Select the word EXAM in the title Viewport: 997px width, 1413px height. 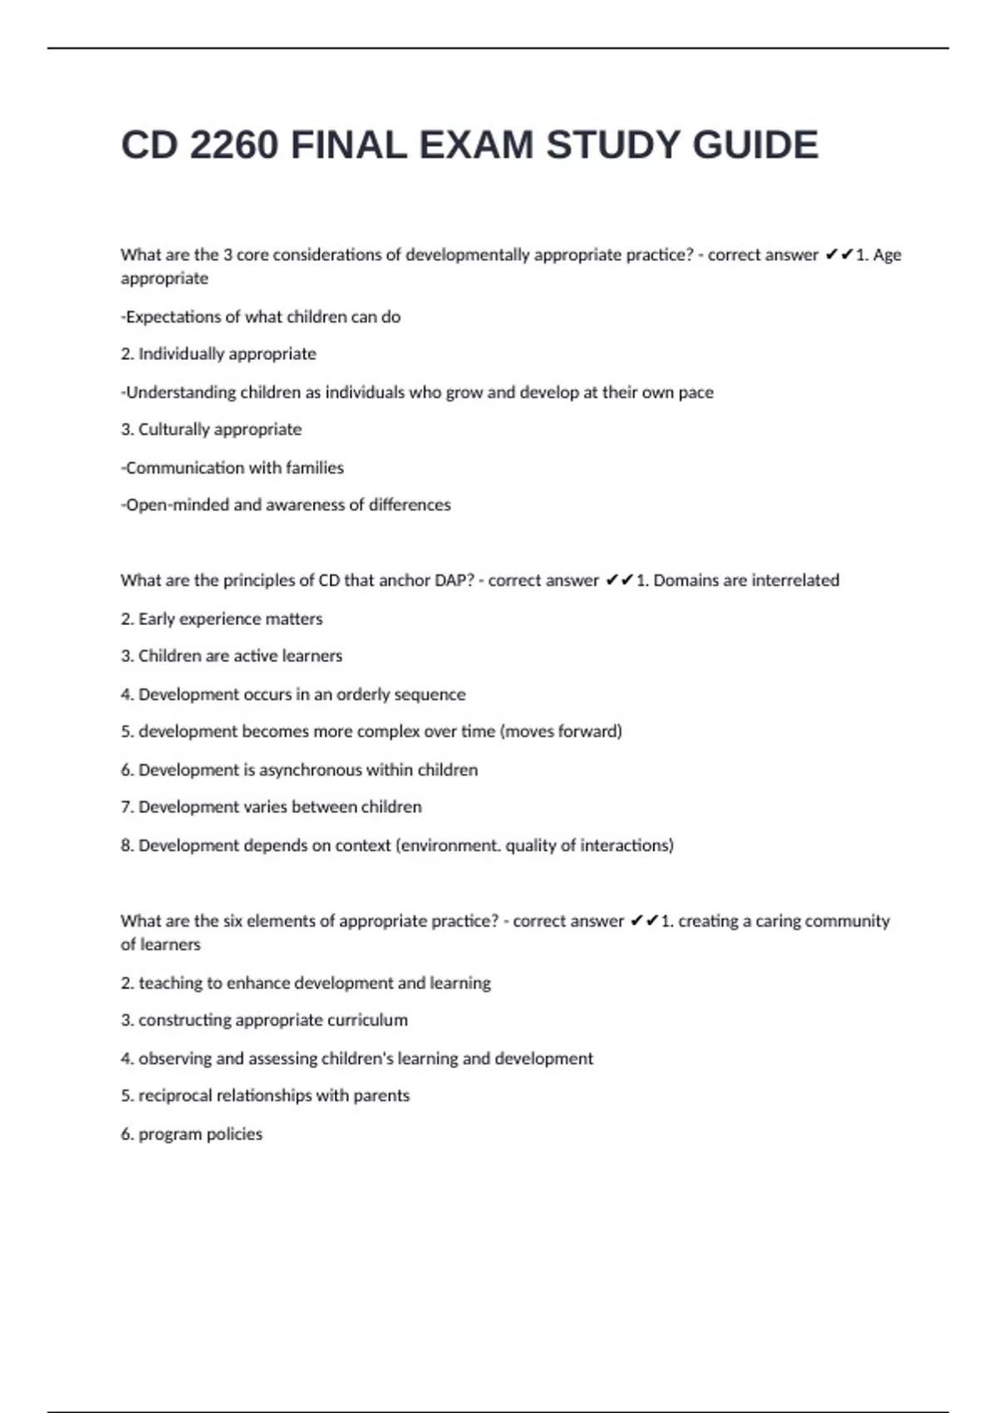[476, 145]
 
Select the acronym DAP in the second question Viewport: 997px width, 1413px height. [453, 580]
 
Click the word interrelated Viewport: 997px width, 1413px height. [795, 580]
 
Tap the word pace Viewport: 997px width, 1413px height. [695, 392]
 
